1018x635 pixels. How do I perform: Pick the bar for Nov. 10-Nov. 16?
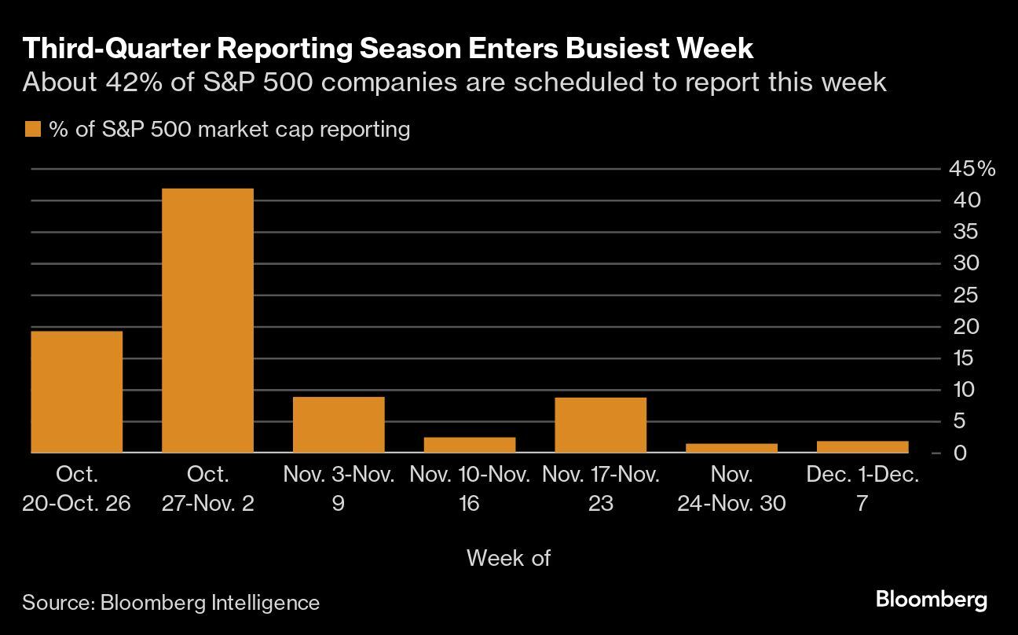point(470,445)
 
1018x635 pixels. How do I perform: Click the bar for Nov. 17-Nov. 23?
point(600,425)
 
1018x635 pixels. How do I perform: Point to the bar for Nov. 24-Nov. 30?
point(731,448)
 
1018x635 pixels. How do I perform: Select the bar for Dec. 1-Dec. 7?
point(862,446)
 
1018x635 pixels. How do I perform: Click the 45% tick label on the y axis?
point(972,169)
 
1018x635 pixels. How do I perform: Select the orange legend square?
point(32,130)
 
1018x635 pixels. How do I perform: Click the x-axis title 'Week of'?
point(508,558)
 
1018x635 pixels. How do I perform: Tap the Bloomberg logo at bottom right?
point(931,600)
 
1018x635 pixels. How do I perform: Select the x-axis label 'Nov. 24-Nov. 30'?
point(731,489)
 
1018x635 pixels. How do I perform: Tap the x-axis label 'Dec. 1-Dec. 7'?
point(862,489)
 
